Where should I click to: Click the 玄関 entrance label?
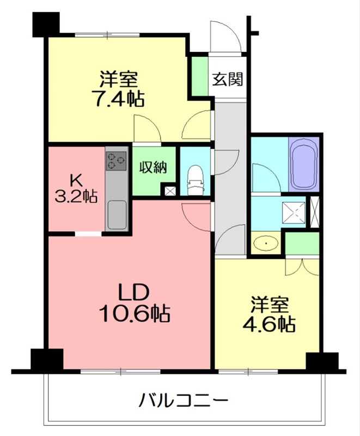tap(228, 79)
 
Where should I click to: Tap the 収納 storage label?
tap(154, 167)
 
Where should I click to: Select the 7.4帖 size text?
tap(120, 99)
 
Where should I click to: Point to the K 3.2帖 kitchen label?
tap(76, 188)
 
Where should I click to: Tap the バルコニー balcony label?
tap(184, 401)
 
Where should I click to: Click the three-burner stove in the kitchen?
tap(116, 161)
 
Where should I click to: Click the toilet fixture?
tap(196, 180)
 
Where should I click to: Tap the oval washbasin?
tap(266, 243)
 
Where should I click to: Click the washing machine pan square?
tap(294, 213)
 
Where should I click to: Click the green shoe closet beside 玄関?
tap(200, 76)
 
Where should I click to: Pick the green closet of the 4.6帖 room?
tap(302, 243)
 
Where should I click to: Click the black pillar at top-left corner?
tap(46, 25)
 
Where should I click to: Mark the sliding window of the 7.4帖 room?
tap(107, 35)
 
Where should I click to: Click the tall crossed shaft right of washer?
tap(315, 212)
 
